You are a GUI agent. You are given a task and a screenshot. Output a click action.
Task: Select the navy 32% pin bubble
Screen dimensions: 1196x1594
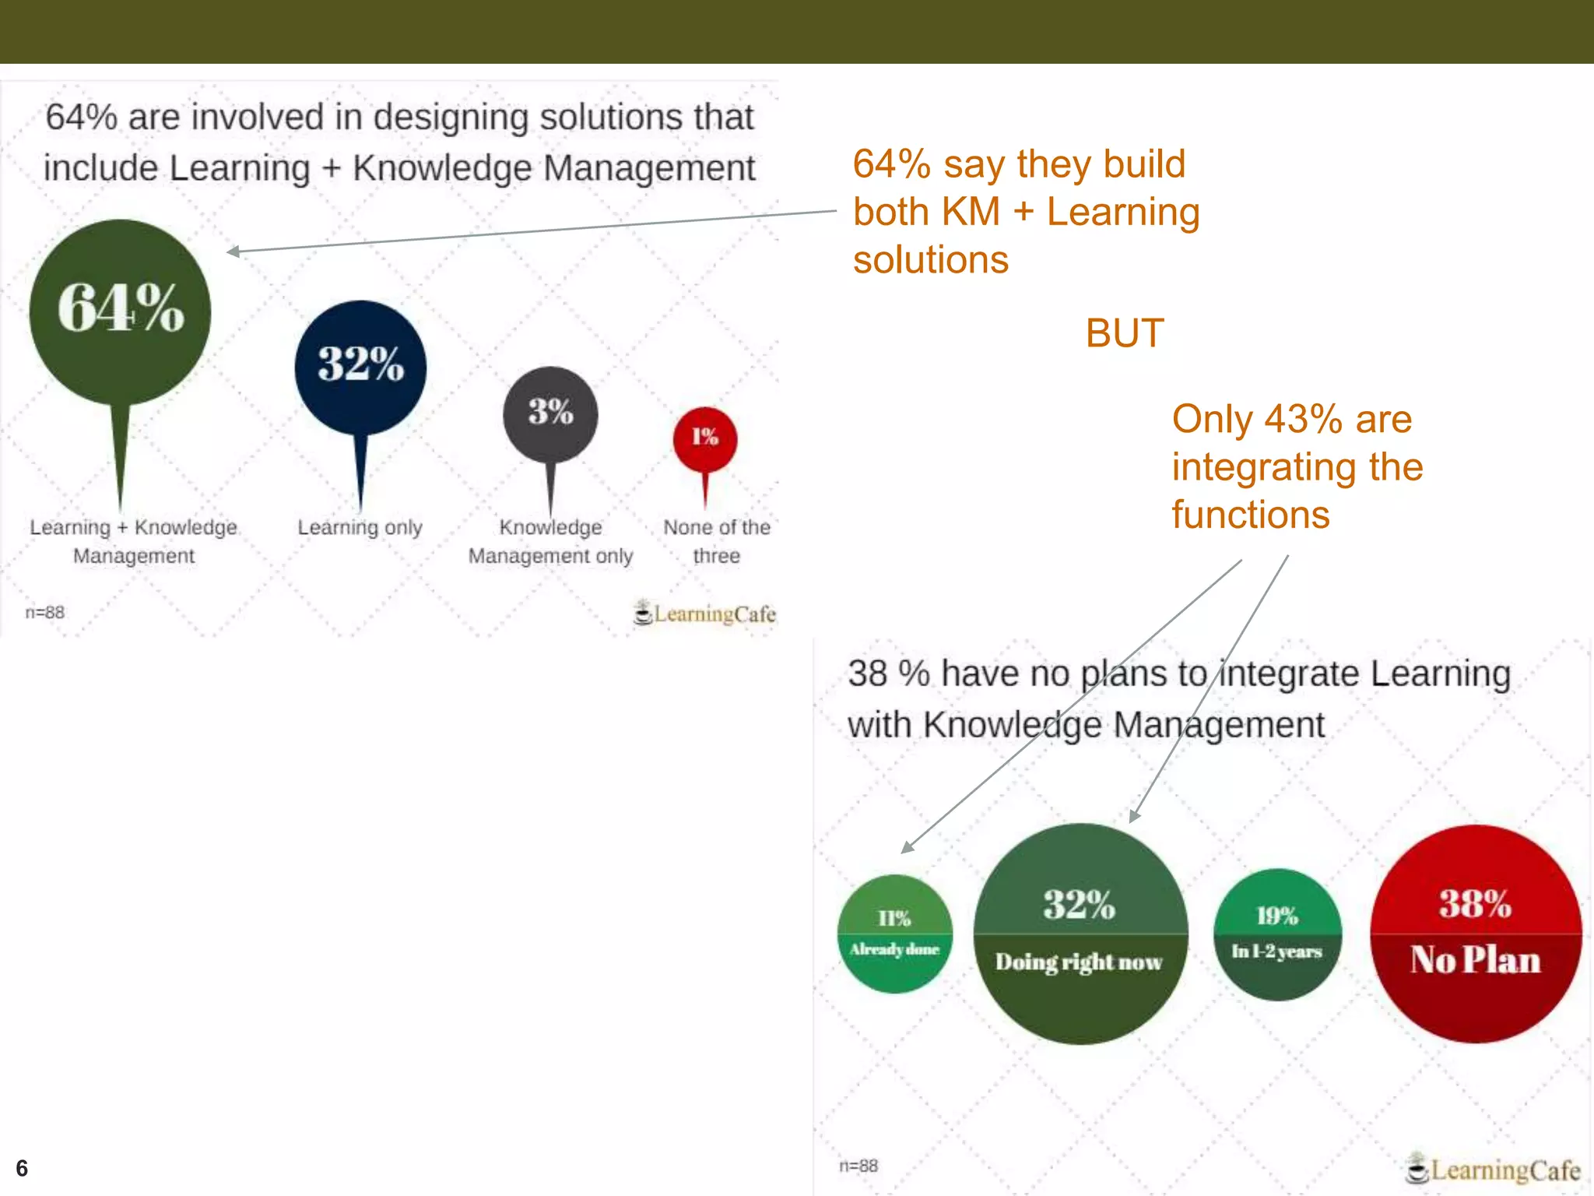click(360, 366)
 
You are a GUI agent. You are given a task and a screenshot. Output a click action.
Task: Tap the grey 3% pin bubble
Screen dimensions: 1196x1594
click(550, 413)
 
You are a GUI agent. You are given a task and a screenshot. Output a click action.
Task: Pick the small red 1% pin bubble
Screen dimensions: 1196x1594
click(705, 438)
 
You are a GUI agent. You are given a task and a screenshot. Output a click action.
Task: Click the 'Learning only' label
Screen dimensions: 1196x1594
click(360, 528)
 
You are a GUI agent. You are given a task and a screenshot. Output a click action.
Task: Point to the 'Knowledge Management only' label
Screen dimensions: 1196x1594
click(550, 542)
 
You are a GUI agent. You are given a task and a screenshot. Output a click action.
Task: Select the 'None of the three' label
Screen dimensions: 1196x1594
click(716, 542)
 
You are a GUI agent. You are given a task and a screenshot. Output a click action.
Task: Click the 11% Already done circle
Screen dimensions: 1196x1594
click(894, 934)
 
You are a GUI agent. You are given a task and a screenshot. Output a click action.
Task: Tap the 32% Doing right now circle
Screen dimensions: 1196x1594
click(1080, 934)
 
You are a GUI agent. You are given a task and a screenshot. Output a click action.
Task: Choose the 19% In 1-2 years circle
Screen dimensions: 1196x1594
click(1277, 934)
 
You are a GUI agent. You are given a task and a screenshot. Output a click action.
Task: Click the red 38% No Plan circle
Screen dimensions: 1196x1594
click(1476, 934)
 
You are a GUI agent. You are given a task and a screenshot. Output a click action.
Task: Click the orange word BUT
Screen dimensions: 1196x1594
click(1125, 333)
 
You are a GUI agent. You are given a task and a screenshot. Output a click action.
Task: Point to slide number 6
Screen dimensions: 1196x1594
click(22, 1168)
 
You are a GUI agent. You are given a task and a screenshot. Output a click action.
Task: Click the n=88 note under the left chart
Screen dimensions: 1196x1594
click(45, 613)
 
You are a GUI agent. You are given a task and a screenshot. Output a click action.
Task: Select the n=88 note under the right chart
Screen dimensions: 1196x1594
click(858, 1166)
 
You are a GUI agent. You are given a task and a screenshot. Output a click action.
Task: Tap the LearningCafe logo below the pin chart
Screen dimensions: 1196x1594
click(705, 614)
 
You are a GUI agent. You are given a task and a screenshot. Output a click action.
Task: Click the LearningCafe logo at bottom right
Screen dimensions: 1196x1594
click(1493, 1169)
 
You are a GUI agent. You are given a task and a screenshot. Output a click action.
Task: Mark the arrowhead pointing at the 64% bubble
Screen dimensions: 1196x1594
click(232, 251)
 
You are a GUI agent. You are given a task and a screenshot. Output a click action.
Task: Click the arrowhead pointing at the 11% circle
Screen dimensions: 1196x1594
click(907, 848)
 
